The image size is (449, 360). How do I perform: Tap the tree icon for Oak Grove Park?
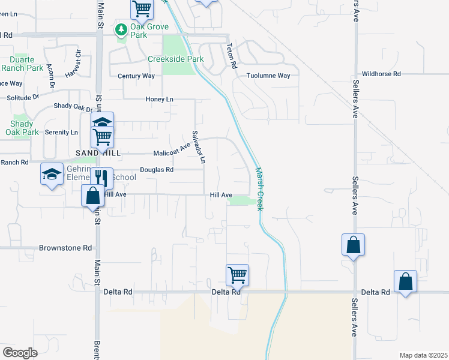click(121, 28)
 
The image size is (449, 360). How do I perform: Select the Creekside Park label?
click(176, 59)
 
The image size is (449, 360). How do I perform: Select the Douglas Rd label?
click(157, 170)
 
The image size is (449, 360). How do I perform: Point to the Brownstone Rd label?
click(65, 247)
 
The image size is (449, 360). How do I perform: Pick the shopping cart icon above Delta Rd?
click(238, 275)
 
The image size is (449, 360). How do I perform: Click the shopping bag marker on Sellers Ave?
click(353, 244)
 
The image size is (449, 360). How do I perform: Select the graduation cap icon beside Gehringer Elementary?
click(52, 174)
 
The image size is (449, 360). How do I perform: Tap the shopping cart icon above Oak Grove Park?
click(142, 8)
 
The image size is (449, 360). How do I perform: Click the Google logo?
click(20, 353)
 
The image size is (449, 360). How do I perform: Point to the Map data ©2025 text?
click(423, 355)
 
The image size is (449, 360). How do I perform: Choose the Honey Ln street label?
click(159, 99)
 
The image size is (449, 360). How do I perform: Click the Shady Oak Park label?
click(22, 128)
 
